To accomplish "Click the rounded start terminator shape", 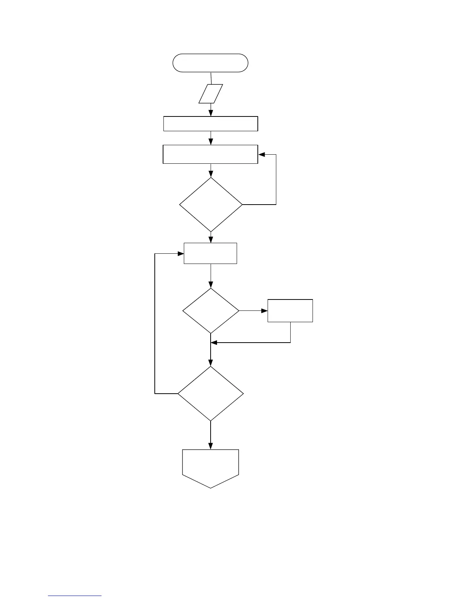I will pyautogui.click(x=210, y=63).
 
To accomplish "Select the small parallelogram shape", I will pyautogui.click(x=211, y=93).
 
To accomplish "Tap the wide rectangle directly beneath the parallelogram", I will pyautogui.click(x=211, y=124).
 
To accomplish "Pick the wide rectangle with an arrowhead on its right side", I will pyautogui.click(x=210, y=154).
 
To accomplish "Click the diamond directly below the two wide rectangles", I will pyautogui.click(x=211, y=205).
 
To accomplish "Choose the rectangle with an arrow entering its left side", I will pyautogui.click(x=210, y=253).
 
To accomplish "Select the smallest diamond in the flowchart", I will pyautogui.click(x=211, y=311).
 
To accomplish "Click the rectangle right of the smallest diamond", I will pyautogui.click(x=290, y=311).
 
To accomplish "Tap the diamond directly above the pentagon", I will pyautogui.click(x=211, y=394).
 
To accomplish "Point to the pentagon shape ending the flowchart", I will pyautogui.click(x=211, y=467).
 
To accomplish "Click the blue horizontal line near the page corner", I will pyautogui.click(x=75, y=596).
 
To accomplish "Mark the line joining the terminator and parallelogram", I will pyautogui.click(x=211, y=78).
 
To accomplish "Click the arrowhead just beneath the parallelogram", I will pyautogui.click(x=211, y=113).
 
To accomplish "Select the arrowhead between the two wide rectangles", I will pyautogui.click(x=211, y=142).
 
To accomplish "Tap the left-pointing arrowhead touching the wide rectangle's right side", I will pyautogui.click(x=261, y=154).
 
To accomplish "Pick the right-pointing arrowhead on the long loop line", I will pyautogui.click(x=181, y=253).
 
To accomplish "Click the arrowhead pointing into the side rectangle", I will pyautogui.click(x=265, y=311).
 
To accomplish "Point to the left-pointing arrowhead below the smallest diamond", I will pyautogui.click(x=214, y=343).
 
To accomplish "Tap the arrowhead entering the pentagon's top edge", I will pyautogui.click(x=211, y=446).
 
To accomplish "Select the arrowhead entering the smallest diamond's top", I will pyautogui.click(x=211, y=285).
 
